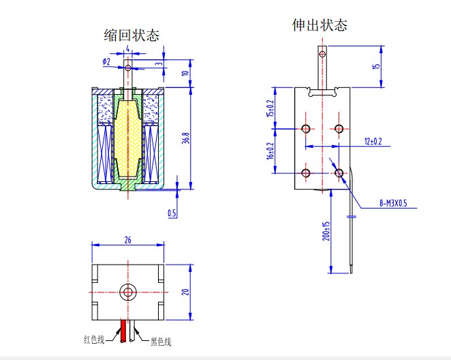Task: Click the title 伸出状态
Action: coord(320,25)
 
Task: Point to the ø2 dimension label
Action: coord(106,61)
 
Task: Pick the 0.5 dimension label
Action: coord(172,213)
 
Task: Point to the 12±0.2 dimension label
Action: coord(373,141)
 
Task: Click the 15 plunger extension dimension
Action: coord(375,66)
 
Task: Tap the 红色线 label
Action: coord(95,339)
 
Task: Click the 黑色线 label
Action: coord(160,341)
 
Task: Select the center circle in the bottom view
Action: coord(127,292)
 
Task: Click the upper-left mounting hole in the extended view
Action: coord(305,129)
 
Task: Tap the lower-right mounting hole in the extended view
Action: coord(339,172)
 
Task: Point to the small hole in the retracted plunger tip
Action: coord(127,67)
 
